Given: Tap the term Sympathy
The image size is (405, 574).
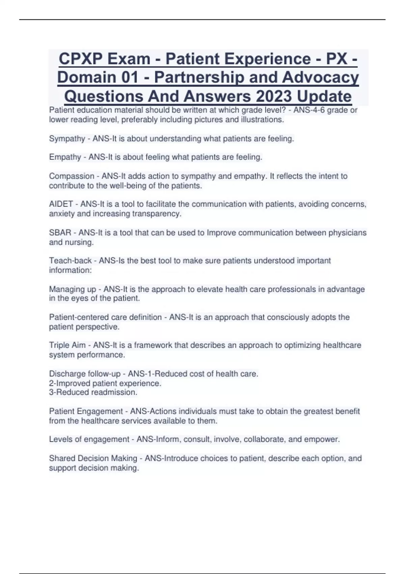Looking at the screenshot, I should pos(67,139).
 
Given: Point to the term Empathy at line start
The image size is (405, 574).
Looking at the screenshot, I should pos(65,157).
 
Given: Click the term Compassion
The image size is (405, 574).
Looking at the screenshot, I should pos(72,176).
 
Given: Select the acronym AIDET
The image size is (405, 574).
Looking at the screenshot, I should pos(61,204).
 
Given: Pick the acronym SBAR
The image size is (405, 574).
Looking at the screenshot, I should pos(60,233).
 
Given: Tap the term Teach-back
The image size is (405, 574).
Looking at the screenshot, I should pos(70,261).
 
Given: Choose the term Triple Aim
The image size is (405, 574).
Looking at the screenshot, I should pos(67,345).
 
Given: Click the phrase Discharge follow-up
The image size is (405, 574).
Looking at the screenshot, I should pos(85,374).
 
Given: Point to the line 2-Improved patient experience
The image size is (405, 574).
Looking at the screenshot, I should pos(105,384).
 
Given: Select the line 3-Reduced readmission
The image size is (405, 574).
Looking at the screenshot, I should pos(93,392).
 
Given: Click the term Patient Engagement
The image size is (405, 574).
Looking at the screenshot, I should pos(86,411).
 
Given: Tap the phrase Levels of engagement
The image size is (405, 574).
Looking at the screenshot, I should pos(89,439).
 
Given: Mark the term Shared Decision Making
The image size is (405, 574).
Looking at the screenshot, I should pos(93,459).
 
